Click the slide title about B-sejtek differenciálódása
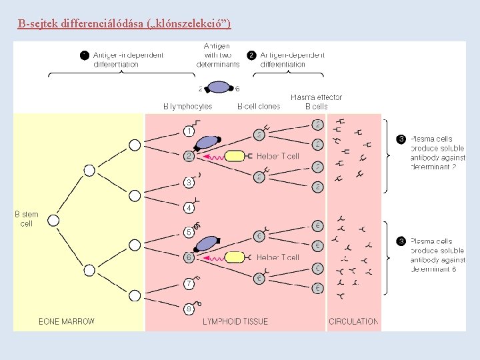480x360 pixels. click(x=125, y=25)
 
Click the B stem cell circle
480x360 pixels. click(x=54, y=220)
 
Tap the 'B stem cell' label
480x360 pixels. click(x=27, y=219)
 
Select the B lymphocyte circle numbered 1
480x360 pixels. click(x=189, y=132)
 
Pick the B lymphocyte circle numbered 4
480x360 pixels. click(x=189, y=208)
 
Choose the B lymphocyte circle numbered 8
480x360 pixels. click(x=189, y=309)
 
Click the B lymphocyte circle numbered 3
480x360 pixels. click(x=189, y=182)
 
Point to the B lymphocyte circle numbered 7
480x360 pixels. click(x=189, y=284)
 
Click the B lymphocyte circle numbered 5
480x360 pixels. click(x=189, y=233)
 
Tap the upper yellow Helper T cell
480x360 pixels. click(x=235, y=157)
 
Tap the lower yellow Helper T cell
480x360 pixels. click(x=235, y=257)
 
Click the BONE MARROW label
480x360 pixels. click(x=67, y=321)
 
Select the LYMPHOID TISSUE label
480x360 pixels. click(x=235, y=321)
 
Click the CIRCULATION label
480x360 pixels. click(x=353, y=321)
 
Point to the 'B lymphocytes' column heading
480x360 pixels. click(x=187, y=106)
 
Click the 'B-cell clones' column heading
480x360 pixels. click(x=259, y=106)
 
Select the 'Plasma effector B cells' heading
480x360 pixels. click(x=316, y=101)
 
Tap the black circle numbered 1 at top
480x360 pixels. click(x=85, y=55)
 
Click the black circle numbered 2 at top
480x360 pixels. click(x=251, y=55)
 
